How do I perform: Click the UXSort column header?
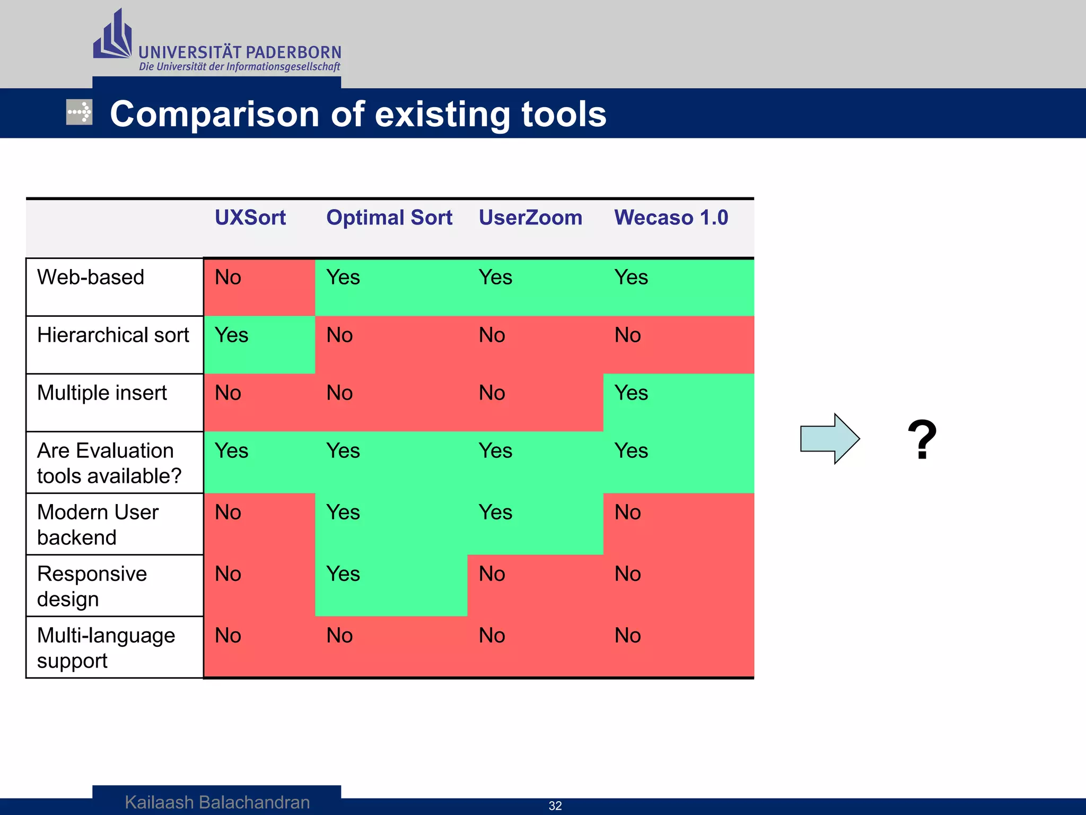tap(250, 218)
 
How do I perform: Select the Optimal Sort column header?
tap(389, 218)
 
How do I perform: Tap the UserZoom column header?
tap(530, 218)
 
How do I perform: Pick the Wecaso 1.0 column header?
tap(671, 218)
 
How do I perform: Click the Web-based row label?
tap(91, 278)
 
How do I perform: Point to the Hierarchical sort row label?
tap(113, 335)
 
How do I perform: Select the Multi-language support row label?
tap(106, 648)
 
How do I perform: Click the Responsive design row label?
tap(92, 586)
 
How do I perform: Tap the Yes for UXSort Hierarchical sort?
tap(232, 335)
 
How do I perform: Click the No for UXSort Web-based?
tap(228, 278)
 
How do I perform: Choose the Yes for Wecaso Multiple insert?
tap(631, 393)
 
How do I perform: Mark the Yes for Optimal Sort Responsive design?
tap(343, 574)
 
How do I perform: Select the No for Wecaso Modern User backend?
tap(628, 513)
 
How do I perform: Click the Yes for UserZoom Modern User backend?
tap(495, 513)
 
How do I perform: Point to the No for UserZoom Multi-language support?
tap(492, 636)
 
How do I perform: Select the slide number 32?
tap(555, 806)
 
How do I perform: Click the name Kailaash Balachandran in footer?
tap(217, 802)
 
